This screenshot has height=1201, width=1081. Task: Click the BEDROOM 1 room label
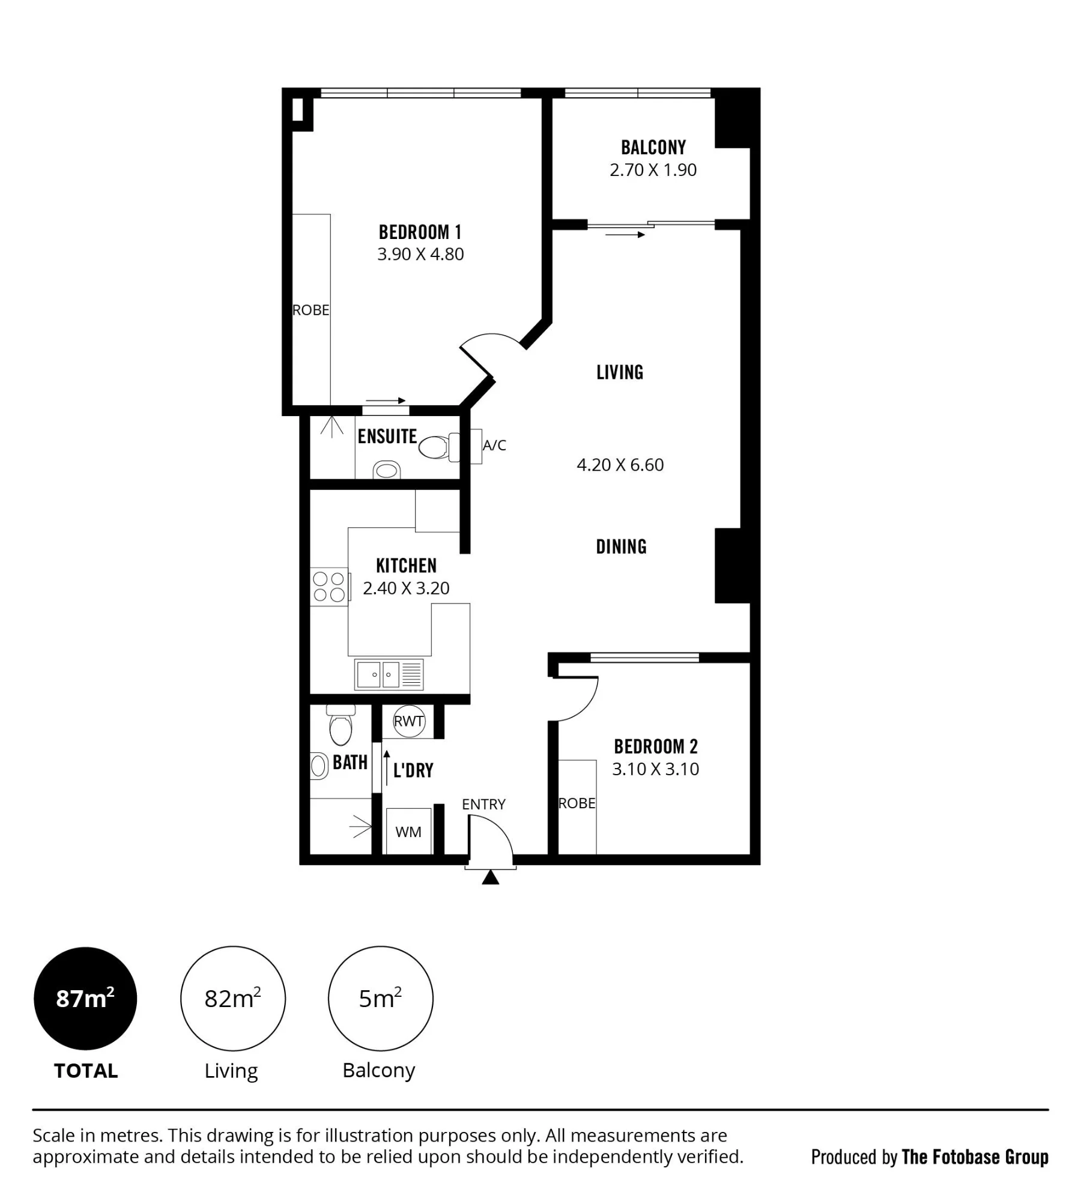[x=420, y=232]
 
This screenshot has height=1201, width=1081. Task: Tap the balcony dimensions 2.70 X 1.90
[x=653, y=170]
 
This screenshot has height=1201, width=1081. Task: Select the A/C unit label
[x=494, y=445]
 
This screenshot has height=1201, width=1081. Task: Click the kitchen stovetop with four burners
[x=329, y=587]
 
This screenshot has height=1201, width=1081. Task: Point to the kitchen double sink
[x=389, y=674]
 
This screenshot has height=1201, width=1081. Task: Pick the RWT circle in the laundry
[x=409, y=721]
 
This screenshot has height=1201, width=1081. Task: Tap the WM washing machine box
[x=408, y=832]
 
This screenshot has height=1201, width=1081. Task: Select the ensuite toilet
[x=439, y=447]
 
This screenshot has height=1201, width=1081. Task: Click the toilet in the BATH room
[x=341, y=725]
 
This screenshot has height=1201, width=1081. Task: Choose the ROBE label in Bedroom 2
[x=577, y=803]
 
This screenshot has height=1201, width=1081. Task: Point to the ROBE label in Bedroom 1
[x=310, y=310]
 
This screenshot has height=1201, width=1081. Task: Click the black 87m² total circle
[x=85, y=999]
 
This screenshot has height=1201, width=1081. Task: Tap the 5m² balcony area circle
[x=380, y=999]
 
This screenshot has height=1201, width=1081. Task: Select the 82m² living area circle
[x=233, y=999]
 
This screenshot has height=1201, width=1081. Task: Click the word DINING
[x=621, y=546]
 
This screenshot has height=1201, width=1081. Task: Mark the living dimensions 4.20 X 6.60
[x=620, y=465]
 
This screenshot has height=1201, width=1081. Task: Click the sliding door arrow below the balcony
[x=625, y=235]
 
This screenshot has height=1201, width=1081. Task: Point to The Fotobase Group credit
[x=975, y=1157]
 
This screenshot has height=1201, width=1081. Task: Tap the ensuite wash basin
[x=387, y=470]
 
